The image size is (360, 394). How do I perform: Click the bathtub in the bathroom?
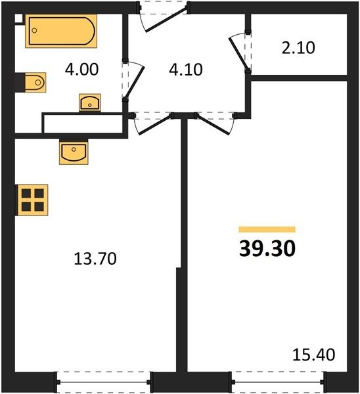61,31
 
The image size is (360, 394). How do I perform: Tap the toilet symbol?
35,83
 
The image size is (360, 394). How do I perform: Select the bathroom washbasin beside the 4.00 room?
90,102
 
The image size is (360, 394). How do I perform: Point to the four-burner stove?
32,200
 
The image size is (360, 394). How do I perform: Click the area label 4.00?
81,70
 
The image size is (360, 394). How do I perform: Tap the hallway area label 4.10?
186,70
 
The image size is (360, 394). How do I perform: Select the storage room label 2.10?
298,48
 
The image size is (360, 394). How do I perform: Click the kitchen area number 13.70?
95,259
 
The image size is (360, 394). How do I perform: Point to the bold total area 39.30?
267,248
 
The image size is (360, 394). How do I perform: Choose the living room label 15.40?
314,355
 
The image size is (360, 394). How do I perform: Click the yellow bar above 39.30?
267,229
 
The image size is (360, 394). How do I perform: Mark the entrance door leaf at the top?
167,19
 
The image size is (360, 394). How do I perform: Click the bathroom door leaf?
134,82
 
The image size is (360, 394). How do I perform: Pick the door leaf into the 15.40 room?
214,125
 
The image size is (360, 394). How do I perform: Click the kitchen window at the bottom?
103,382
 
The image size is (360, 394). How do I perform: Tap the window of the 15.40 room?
279,382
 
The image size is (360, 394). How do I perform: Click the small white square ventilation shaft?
18,18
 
